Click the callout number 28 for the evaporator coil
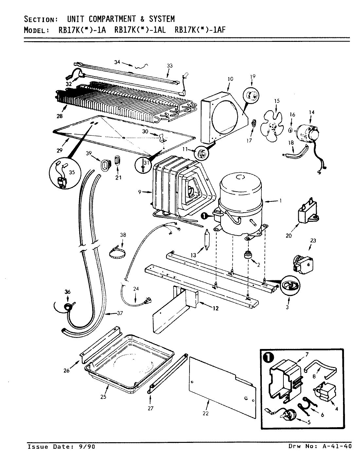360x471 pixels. point(60,116)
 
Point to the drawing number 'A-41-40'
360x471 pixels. point(337,447)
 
